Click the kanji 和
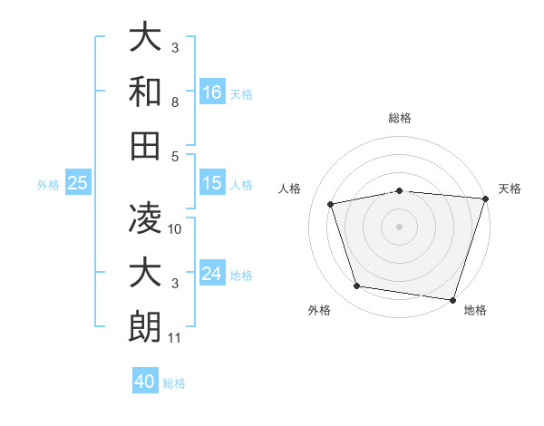tap(144, 92)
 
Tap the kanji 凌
tap(144, 218)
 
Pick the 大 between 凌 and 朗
tap(144, 272)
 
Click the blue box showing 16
tap(212, 92)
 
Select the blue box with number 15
tap(212, 184)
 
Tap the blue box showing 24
tap(212, 275)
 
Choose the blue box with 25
tap(77, 184)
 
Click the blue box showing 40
tap(145, 382)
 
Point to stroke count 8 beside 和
tap(176, 104)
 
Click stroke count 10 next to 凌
tap(176, 229)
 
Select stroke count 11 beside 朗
tap(175, 339)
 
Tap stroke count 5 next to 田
tap(176, 156)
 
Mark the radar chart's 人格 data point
tap(332, 204)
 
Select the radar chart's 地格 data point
tap(452, 299)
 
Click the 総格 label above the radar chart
tap(400, 118)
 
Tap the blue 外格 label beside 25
tap(48, 185)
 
